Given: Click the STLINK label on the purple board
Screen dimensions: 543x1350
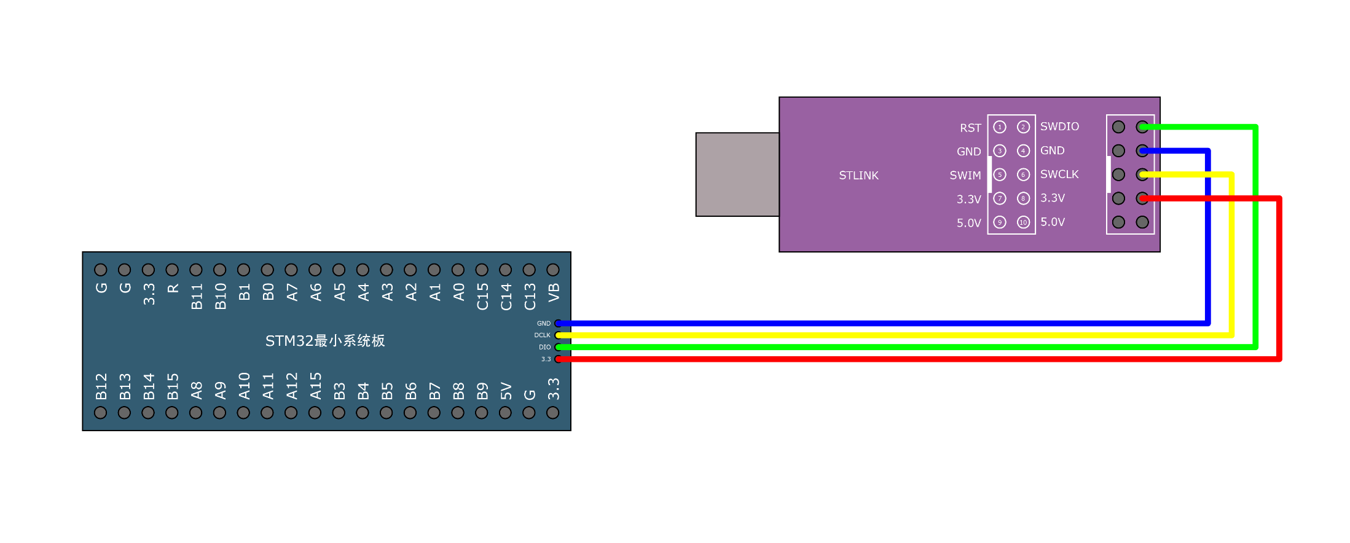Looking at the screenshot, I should tap(858, 176).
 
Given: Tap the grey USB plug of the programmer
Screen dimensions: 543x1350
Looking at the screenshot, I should tap(737, 174).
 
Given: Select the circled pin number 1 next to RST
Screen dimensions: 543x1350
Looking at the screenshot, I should tap(1000, 127).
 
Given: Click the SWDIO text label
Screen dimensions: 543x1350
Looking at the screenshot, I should tap(1059, 127).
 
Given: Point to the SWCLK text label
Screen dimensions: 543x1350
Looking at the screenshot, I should tap(1059, 174).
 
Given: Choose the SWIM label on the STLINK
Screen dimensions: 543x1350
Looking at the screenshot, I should tap(965, 176).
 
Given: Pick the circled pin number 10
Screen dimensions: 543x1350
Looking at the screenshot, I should tap(1023, 222).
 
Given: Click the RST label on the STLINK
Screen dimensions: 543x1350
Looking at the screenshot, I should tap(970, 128).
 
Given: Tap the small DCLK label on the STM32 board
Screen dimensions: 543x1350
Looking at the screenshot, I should tap(542, 335).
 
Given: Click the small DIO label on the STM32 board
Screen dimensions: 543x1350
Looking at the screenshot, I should tap(544, 347).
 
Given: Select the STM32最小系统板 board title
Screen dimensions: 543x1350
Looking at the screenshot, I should tap(325, 341).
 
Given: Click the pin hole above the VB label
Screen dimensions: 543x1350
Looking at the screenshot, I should tap(553, 270).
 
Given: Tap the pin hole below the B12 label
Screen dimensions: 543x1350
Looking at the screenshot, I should tap(101, 413).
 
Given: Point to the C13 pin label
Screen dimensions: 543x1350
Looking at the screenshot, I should tap(530, 297).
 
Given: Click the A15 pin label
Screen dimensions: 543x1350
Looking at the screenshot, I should tap(316, 386).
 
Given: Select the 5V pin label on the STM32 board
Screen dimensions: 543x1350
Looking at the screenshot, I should tap(506, 391).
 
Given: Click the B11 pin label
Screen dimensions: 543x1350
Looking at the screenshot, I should tap(197, 297).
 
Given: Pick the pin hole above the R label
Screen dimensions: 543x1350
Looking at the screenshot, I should tap(172, 270).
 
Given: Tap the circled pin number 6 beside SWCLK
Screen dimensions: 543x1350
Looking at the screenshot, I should tap(1023, 174).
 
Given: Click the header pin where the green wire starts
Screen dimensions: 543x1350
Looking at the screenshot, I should tap(1142, 127).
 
